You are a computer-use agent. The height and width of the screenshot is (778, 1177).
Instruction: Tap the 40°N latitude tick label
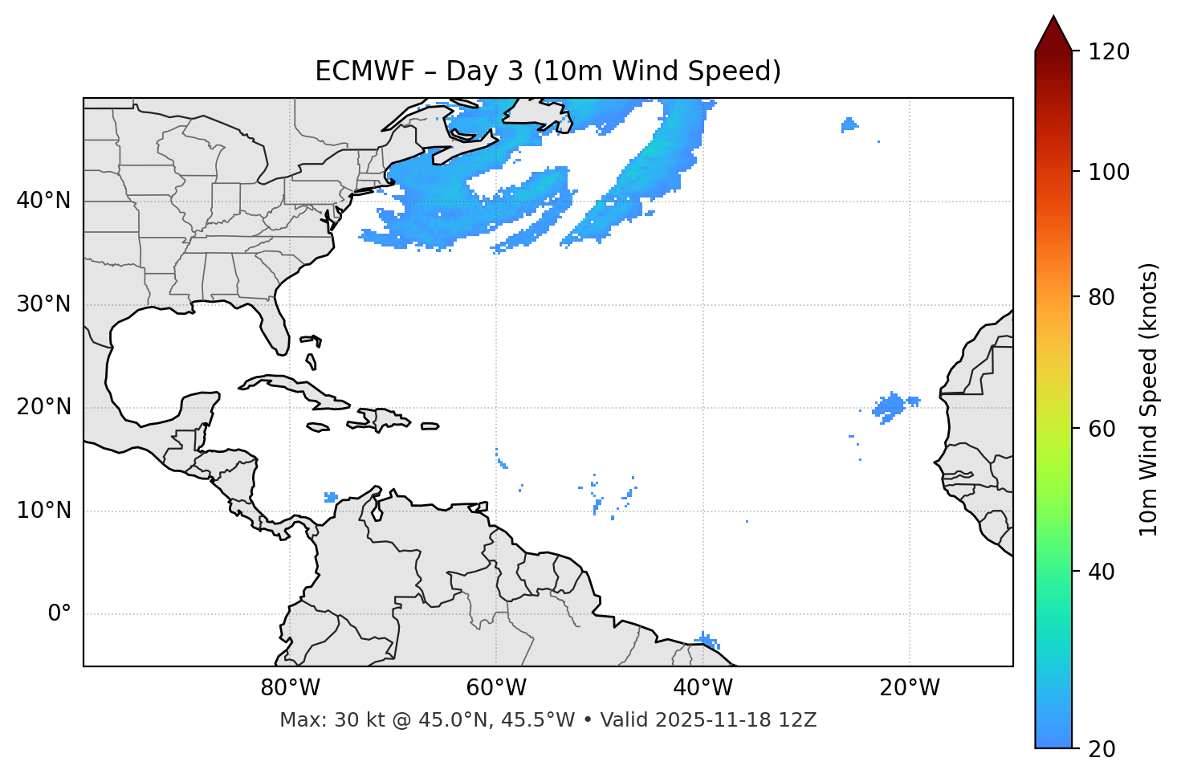tap(43, 201)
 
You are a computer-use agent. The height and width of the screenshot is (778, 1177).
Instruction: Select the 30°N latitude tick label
tap(43, 304)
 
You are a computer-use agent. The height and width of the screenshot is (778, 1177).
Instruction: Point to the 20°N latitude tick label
tap(43, 407)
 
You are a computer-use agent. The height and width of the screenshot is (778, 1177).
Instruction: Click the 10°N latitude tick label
tap(43, 511)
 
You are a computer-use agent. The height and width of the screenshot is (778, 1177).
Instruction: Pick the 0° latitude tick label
tap(59, 614)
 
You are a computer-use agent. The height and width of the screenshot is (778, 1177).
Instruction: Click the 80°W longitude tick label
tap(290, 688)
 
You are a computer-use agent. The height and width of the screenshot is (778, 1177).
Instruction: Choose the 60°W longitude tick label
tap(496, 688)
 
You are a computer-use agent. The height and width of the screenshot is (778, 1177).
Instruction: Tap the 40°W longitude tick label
tap(703, 688)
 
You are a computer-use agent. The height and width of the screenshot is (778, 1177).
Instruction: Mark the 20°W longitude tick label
tap(909, 688)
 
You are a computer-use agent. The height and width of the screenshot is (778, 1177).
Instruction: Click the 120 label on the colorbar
tap(1108, 52)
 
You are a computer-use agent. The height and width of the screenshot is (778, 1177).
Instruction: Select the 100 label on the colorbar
tap(1108, 172)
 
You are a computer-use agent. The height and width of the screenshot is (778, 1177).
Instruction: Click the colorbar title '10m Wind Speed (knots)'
tap(1150, 399)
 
